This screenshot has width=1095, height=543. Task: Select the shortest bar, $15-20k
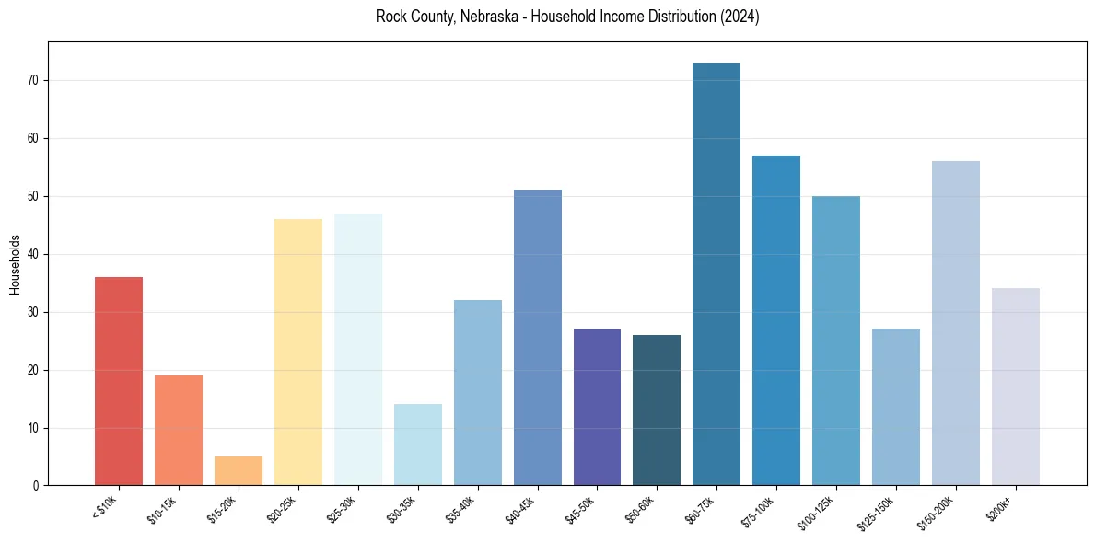coord(239,470)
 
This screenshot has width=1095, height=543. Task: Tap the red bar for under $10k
coord(119,381)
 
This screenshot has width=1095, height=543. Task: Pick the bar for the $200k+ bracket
coord(1015,387)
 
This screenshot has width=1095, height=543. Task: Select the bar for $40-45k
coord(537,337)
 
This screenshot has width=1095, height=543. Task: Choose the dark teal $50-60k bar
coord(657,410)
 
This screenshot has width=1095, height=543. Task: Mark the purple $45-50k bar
coord(597,407)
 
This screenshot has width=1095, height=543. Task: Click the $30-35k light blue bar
coord(417,445)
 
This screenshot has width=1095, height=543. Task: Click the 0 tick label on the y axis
coord(38,486)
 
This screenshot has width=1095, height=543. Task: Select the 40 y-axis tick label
coord(35,255)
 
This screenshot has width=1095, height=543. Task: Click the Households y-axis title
coord(15,264)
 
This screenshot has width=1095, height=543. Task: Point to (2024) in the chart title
coord(740,17)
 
